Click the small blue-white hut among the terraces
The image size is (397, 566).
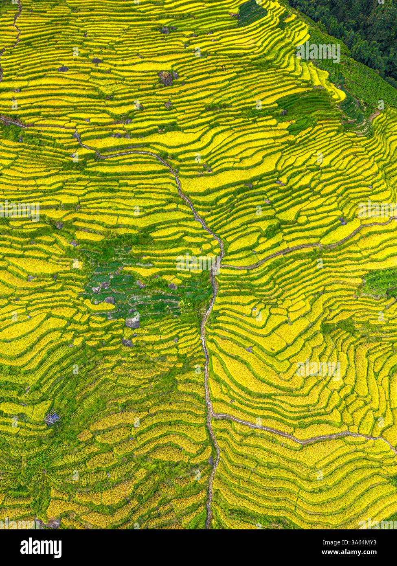tap(52, 417)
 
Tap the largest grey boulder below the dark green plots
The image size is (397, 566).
tap(132, 322)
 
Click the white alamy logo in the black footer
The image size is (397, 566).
tap(41, 548)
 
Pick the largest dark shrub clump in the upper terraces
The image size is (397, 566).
tap(165, 77)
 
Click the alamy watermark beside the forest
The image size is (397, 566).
tap(318, 52)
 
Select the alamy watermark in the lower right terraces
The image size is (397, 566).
tap(318, 370)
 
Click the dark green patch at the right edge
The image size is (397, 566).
tap(381, 281)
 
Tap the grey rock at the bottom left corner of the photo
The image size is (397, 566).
tap(53, 523)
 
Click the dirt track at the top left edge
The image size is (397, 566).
tap(16, 24)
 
